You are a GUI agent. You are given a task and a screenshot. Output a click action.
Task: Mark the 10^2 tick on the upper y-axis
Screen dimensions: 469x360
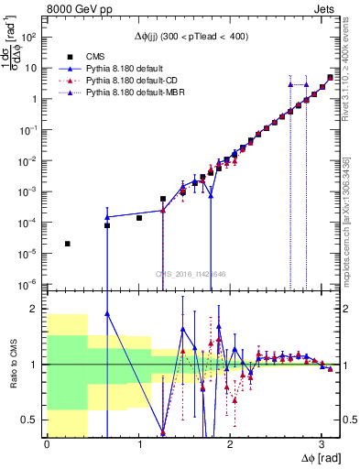point(30,38)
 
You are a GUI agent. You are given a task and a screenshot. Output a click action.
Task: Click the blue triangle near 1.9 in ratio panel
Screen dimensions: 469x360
point(107,313)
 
